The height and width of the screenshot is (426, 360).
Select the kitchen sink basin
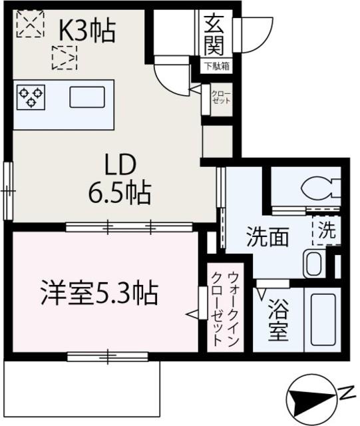click(x=87, y=97)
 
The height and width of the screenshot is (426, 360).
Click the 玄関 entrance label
click(x=214, y=37)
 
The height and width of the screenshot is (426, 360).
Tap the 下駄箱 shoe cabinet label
click(x=216, y=67)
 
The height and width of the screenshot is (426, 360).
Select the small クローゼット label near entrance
click(x=220, y=97)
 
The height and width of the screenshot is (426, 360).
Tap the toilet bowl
click(x=320, y=189)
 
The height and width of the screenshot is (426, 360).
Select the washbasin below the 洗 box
click(x=313, y=264)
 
